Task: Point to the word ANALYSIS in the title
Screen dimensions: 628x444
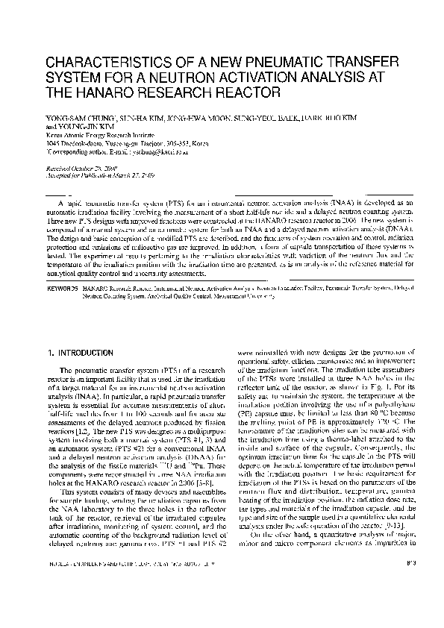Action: (350, 78)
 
